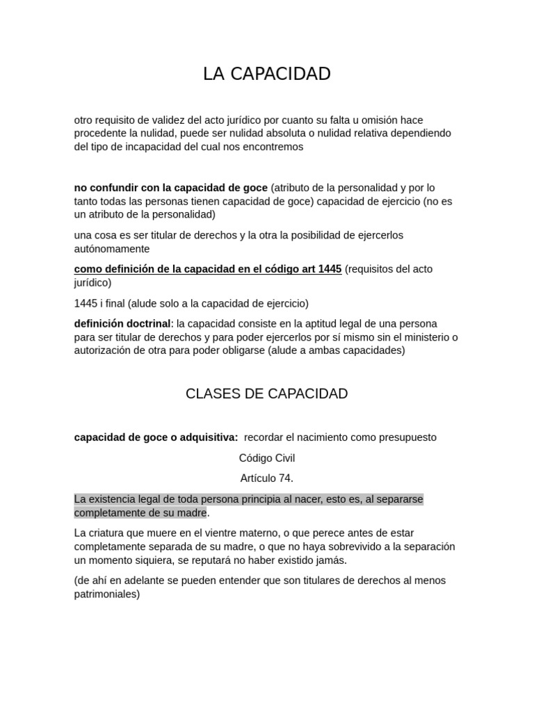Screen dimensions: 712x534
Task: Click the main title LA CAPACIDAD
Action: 267,74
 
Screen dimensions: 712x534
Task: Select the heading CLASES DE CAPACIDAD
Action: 267,394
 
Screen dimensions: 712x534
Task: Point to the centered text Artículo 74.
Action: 267,478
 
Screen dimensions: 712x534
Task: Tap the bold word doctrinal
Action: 145,323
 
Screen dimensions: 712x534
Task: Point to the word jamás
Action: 331,560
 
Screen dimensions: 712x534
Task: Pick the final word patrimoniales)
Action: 107,594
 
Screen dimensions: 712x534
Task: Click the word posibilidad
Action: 302,235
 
